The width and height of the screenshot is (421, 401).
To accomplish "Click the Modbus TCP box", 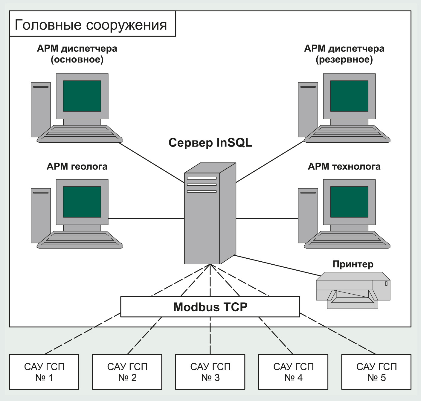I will [210, 307].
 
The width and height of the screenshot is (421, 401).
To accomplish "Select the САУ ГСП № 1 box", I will [44, 372].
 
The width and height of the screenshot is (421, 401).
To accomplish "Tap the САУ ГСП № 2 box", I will [127, 372].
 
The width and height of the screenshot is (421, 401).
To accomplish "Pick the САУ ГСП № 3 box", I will [210, 372].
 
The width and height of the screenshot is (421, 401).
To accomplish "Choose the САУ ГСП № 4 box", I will [293, 372].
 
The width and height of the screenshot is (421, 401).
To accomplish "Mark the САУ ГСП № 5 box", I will [376, 372].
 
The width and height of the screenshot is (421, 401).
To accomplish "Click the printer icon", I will [353, 290].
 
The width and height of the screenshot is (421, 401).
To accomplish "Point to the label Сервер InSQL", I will [210, 143].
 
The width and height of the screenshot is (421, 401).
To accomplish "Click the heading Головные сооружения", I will [91, 25].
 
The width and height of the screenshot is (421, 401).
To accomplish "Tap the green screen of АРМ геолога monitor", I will [82, 202].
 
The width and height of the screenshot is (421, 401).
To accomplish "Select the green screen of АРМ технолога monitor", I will [349, 202].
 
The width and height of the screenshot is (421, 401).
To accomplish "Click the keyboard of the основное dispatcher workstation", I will [80, 133].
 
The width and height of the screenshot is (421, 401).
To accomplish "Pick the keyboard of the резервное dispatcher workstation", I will [347, 133].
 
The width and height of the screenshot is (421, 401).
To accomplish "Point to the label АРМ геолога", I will [77, 166].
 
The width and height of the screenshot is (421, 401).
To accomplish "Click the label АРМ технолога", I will [344, 166].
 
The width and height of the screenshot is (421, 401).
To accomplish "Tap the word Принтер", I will [353, 264].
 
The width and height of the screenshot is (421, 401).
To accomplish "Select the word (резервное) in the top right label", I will [344, 60].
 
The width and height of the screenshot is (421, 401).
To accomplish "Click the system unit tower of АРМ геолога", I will [41, 215].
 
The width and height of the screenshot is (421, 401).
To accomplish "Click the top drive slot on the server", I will [202, 178].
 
